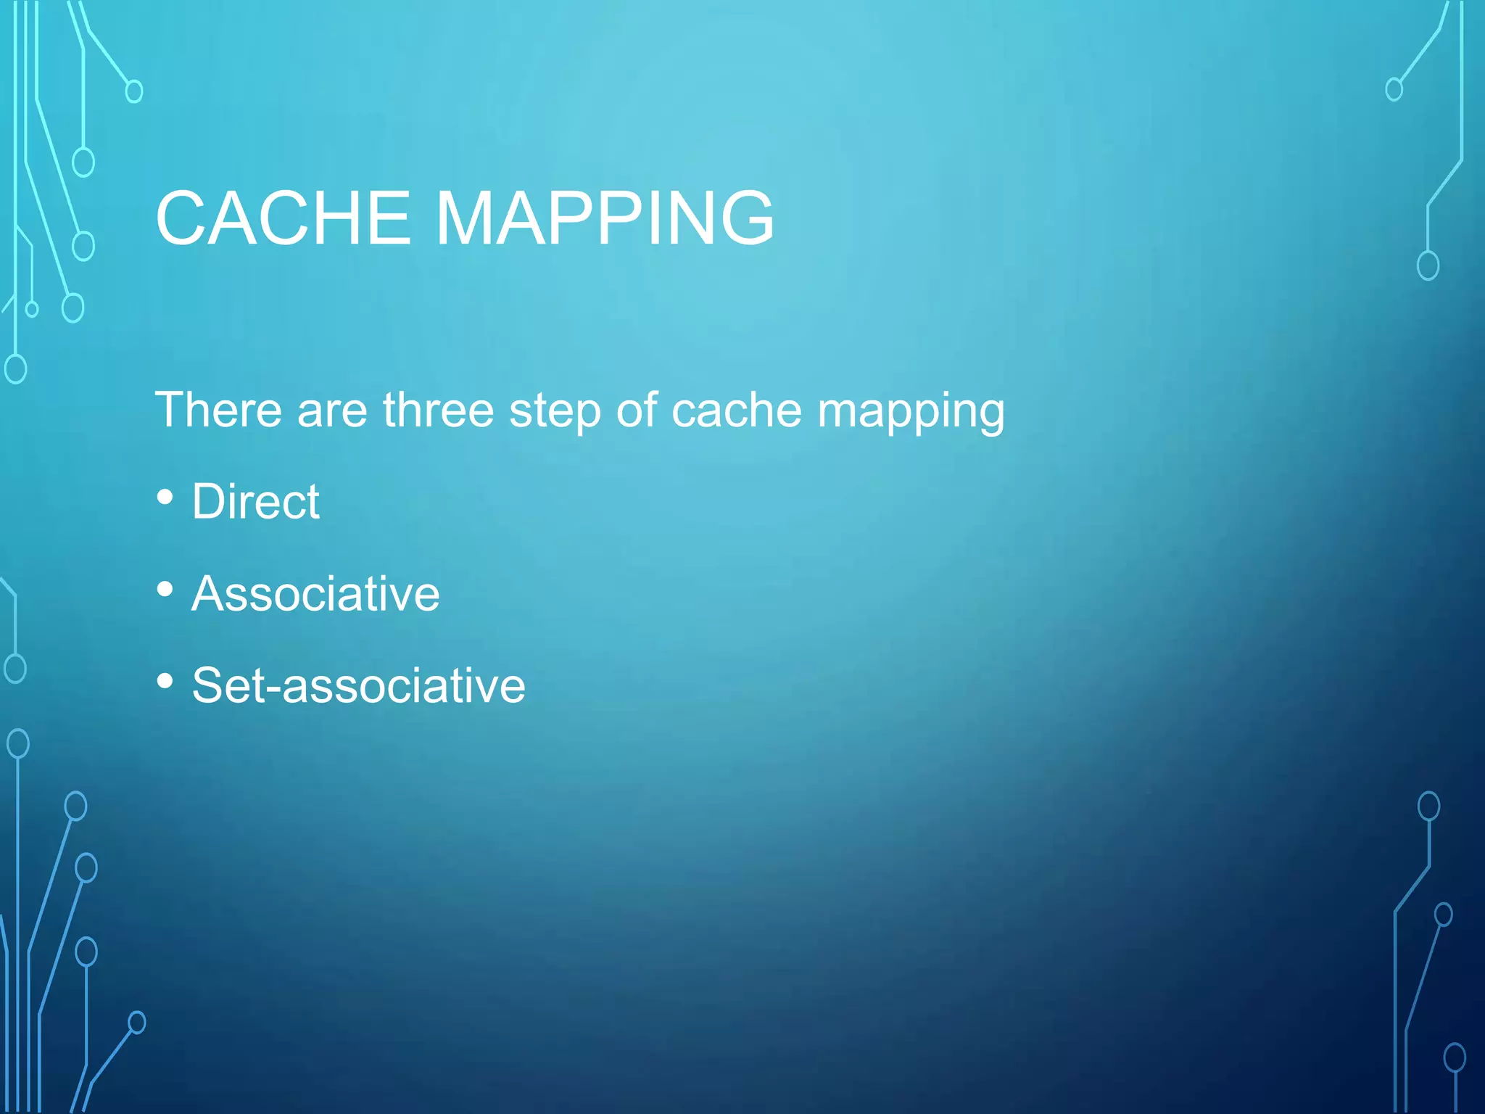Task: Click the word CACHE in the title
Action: [x=283, y=218]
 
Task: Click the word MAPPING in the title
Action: [x=605, y=218]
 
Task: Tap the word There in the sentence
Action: [x=218, y=410]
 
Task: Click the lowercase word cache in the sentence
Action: [x=737, y=410]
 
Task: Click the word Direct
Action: [x=255, y=502]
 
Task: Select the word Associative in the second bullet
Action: [x=315, y=594]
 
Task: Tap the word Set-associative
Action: [x=358, y=685]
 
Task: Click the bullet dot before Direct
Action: [x=165, y=498]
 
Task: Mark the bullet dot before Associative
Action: [x=165, y=590]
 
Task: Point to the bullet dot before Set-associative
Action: [x=165, y=681]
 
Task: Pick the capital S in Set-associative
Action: [x=208, y=685]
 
